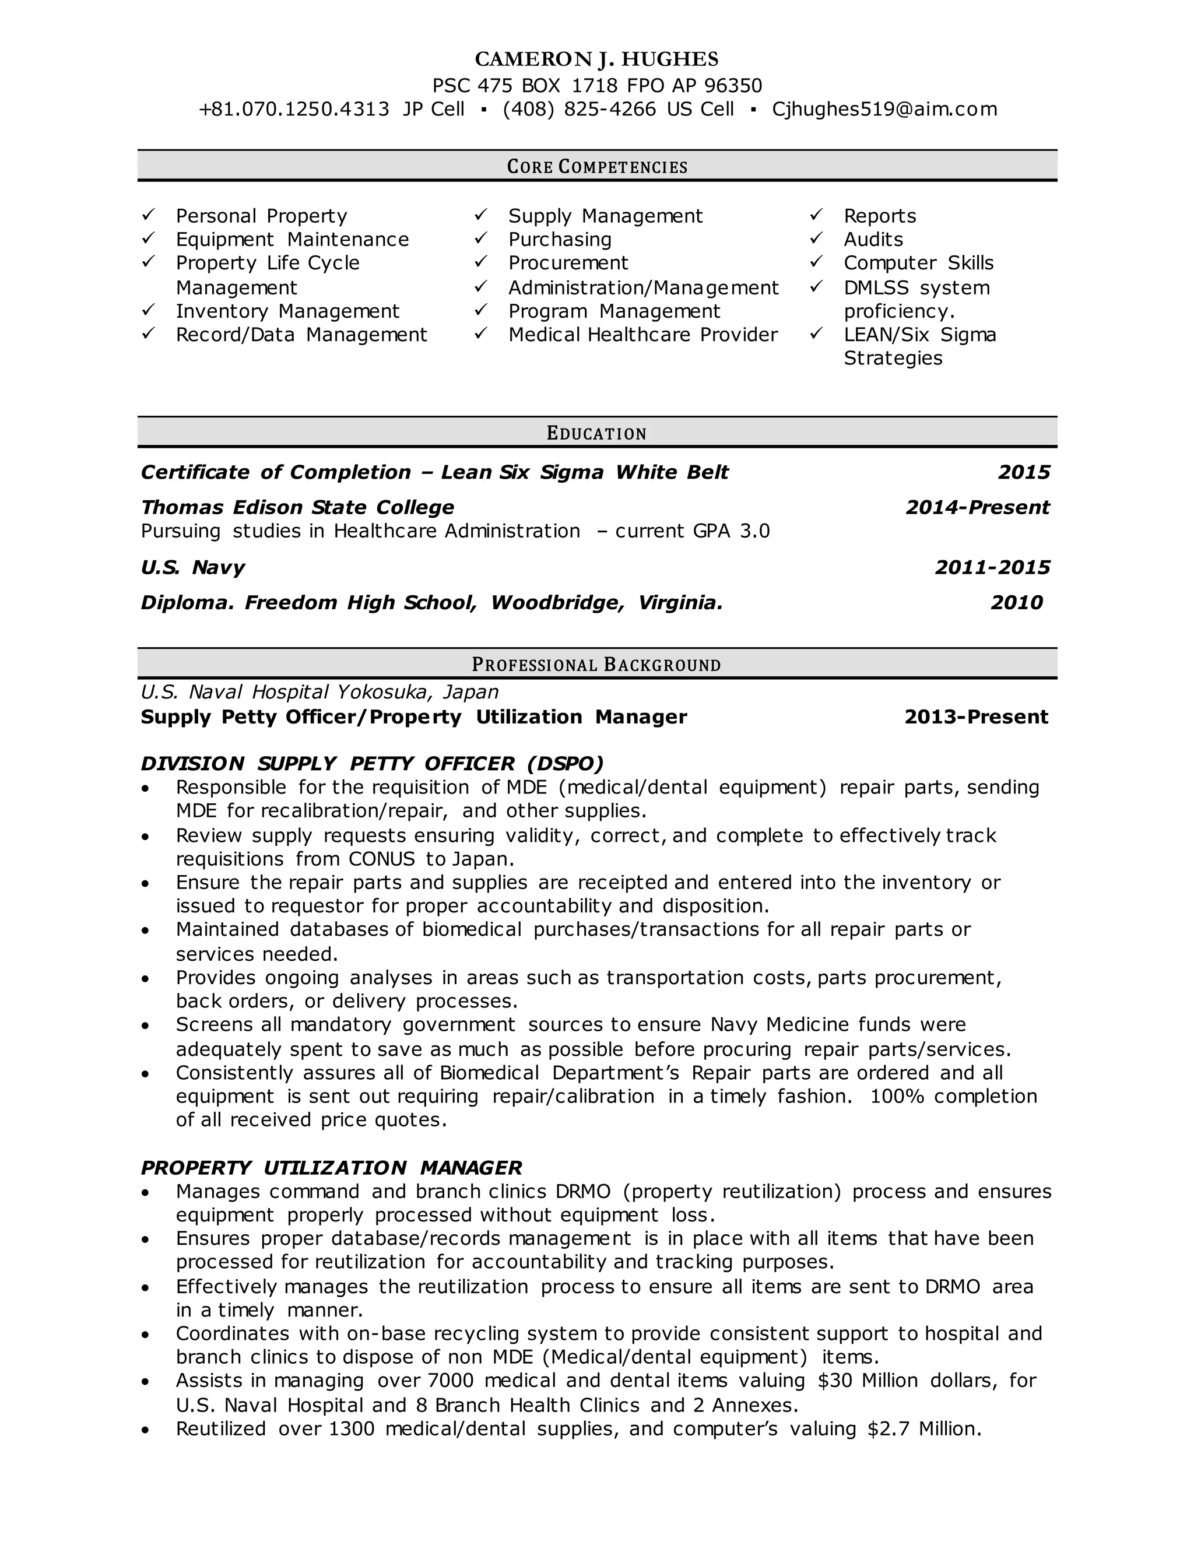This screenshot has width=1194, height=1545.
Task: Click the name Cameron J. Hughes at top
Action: click(596, 59)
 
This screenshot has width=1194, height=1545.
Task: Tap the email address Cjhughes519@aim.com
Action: click(884, 109)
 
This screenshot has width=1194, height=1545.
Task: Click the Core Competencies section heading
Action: click(597, 167)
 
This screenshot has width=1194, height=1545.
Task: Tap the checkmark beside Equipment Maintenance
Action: click(148, 238)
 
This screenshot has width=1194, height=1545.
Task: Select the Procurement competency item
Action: click(567, 263)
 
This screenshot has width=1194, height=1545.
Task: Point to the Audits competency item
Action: click(873, 240)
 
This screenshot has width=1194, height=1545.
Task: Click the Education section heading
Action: click(597, 433)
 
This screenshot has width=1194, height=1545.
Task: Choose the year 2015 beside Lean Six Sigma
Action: click(1024, 473)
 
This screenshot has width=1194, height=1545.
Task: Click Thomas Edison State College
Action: click(297, 507)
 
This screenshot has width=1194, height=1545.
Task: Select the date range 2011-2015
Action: click(992, 567)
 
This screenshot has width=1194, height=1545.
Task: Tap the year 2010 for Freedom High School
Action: click(1016, 603)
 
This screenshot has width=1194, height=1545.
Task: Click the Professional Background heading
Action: click(597, 665)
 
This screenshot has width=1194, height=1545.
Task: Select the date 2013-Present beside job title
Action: click(975, 717)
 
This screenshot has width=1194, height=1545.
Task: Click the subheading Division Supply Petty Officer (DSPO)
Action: click(372, 763)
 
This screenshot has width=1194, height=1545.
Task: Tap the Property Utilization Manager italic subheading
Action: click(331, 1167)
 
